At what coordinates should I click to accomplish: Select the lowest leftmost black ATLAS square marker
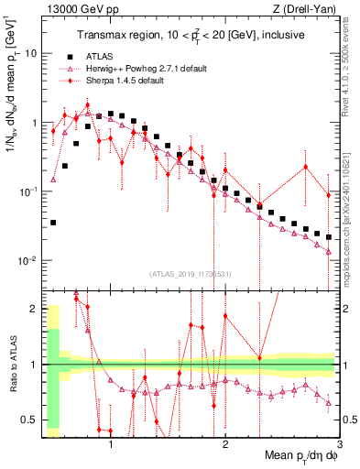54,223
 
